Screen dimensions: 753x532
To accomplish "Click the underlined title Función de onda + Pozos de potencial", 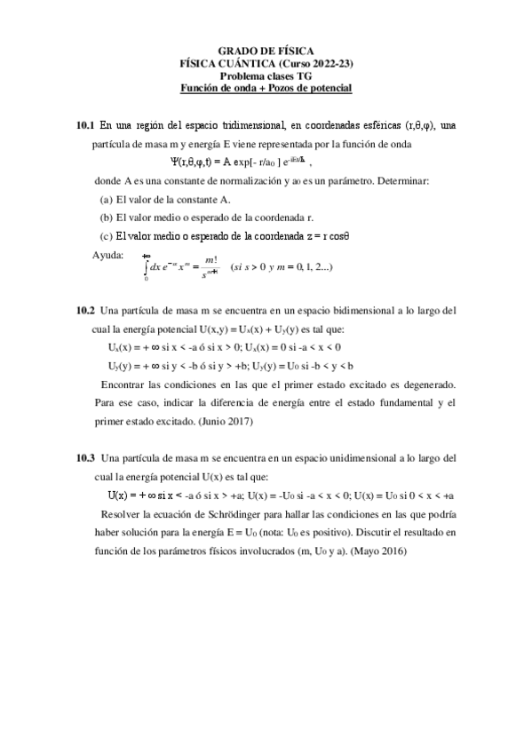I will point(266,88).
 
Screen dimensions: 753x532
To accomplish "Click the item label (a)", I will point(107,199).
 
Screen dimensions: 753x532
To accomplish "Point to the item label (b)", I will point(107,217).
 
